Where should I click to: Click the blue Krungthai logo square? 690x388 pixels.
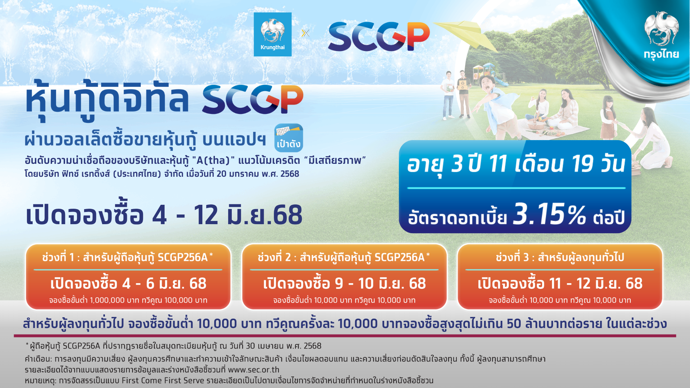pyautogui.click(x=272, y=34)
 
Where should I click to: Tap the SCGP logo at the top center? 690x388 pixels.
pyautogui.click(x=379, y=36)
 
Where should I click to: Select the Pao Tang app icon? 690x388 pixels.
pyautogui.click(x=289, y=138)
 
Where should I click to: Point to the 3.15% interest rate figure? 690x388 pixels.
pyautogui.click(x=549, y=214)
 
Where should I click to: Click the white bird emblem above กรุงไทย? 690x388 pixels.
pyautogui.click(x=661, y=29)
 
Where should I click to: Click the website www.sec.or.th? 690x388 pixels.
pyautogui.click(x=253, y=370)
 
